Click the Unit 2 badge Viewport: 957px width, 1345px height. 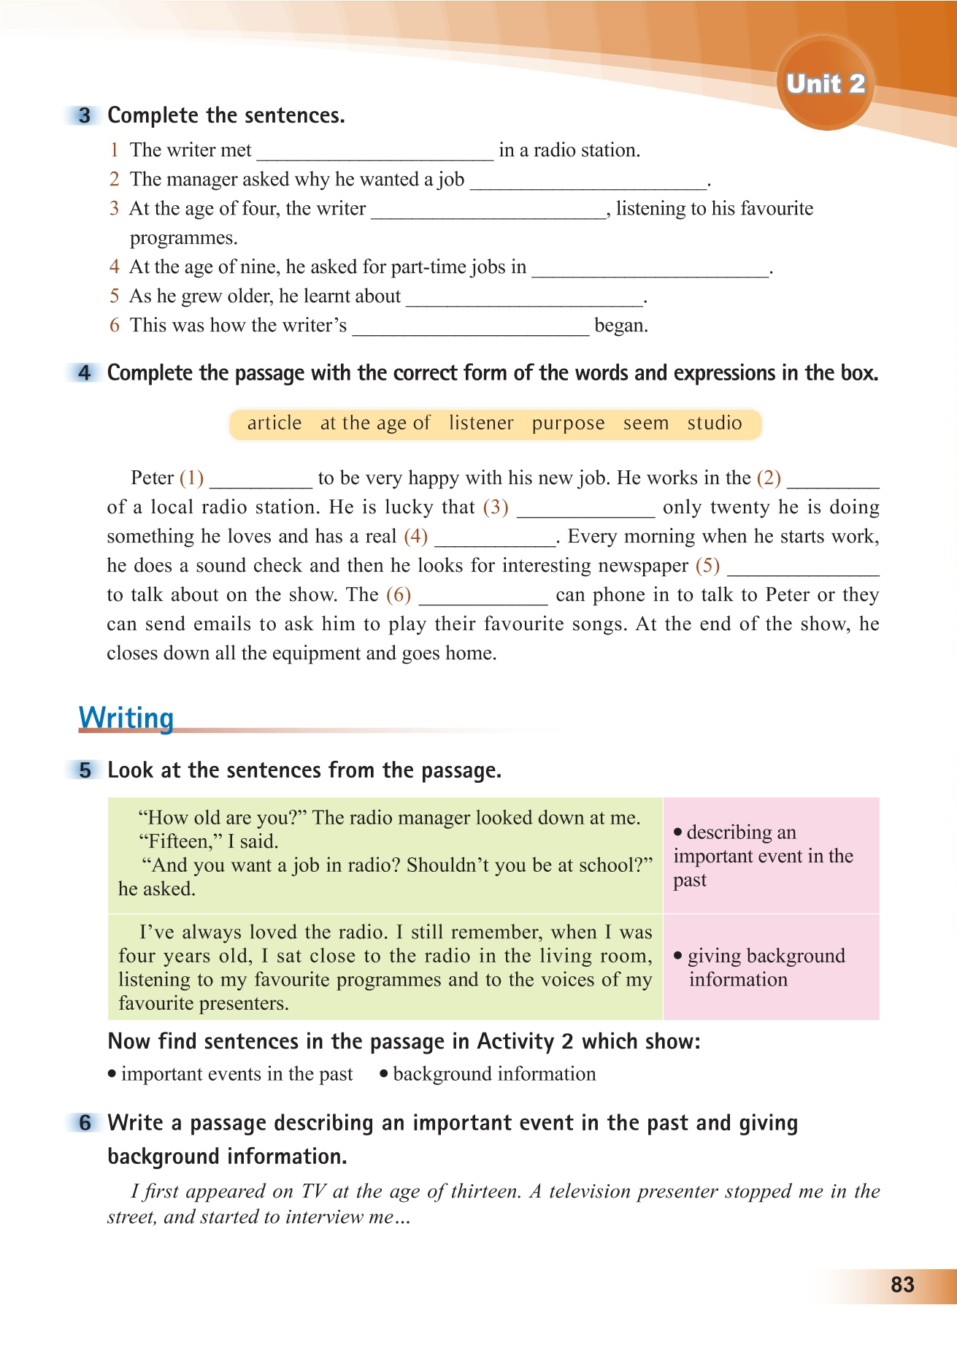coord(825,84)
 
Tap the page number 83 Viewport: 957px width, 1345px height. coord(902,1284)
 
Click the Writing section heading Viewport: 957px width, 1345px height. coord(126,717)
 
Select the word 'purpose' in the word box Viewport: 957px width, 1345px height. coord(568,424)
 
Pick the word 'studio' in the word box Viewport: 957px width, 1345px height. coord(714,424)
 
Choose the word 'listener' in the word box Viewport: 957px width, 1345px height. coord(481,424)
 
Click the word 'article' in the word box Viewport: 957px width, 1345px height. coord(274,424)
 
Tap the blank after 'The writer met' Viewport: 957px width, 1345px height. coord(375,152)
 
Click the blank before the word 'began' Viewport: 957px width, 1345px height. coord(470,327)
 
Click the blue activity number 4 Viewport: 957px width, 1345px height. coord(85,373)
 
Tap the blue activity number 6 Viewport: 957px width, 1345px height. coord(85,1123)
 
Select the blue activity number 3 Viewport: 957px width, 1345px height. coord(85,115)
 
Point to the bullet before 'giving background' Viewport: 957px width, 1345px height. coord(678,956)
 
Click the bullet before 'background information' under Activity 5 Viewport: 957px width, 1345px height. coord(383,1074)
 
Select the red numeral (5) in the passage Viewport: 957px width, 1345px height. coord(707,565)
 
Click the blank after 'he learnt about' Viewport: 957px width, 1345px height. coord(524,298)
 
